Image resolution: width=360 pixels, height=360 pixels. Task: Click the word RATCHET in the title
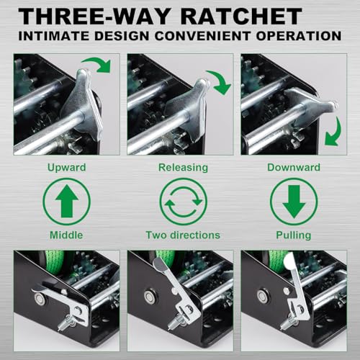[240, 16]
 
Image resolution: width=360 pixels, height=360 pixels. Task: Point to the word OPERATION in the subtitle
[299, 36]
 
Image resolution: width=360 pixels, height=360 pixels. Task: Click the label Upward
[66, 168]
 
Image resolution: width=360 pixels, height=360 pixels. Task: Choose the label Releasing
[183, 168]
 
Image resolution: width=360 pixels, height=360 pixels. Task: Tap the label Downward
[294, 168]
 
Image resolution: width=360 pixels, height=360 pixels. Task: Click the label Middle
[66, 235]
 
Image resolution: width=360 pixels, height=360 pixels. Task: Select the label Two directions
[183, 235]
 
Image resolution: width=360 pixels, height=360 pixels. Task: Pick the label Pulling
[294, 235]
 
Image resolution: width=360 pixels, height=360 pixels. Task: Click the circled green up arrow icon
[66, 202]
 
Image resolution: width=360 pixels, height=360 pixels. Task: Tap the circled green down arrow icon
[294, 202]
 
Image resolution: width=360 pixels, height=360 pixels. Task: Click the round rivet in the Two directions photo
[149, 297]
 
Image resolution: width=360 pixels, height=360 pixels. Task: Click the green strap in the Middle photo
[55, 257]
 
